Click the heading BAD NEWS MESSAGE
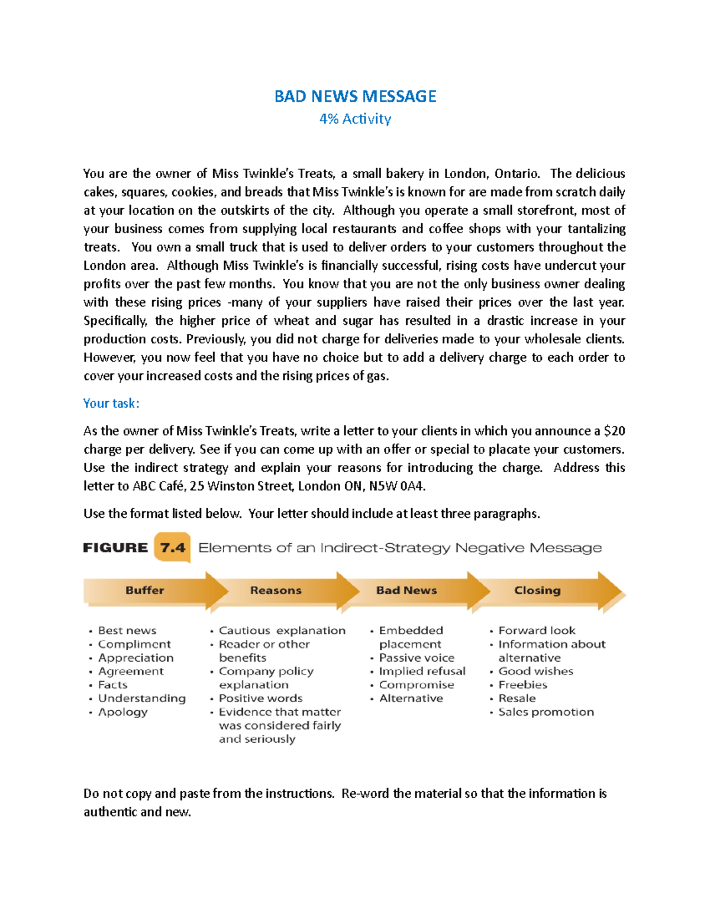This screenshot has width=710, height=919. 355,96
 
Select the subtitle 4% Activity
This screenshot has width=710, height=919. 355,119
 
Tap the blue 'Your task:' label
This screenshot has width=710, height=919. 111,404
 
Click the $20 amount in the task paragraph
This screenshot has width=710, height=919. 614,431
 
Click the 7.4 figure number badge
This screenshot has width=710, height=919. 173,548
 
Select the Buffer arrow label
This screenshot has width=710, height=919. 144,590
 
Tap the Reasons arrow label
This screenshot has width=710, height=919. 276,590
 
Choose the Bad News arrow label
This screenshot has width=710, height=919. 406,590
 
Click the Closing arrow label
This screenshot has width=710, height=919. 537,590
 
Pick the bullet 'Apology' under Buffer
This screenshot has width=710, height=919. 123,712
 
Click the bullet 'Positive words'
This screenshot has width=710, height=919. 260,698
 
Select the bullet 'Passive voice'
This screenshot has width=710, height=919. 417,657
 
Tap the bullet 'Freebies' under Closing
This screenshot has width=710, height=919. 523,685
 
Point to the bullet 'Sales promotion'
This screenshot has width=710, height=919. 546,712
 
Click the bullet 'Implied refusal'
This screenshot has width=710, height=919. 422,671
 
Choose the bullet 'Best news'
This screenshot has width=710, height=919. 127,630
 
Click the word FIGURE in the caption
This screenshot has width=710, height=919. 115,548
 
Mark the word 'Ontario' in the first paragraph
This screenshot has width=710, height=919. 516,173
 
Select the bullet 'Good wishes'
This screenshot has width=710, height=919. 536,671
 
